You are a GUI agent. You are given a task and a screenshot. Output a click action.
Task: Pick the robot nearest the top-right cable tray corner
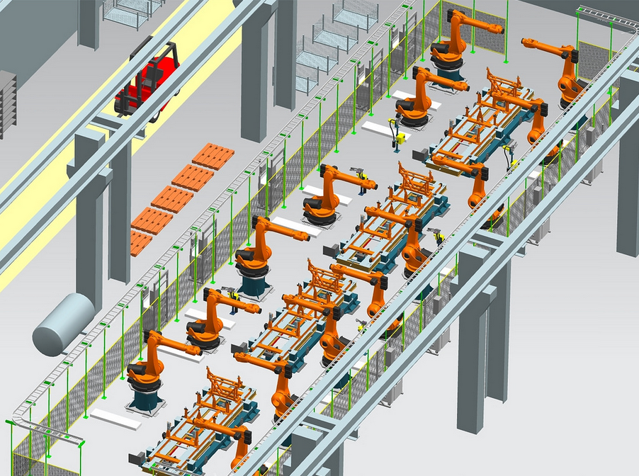[x=567, y=71]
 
